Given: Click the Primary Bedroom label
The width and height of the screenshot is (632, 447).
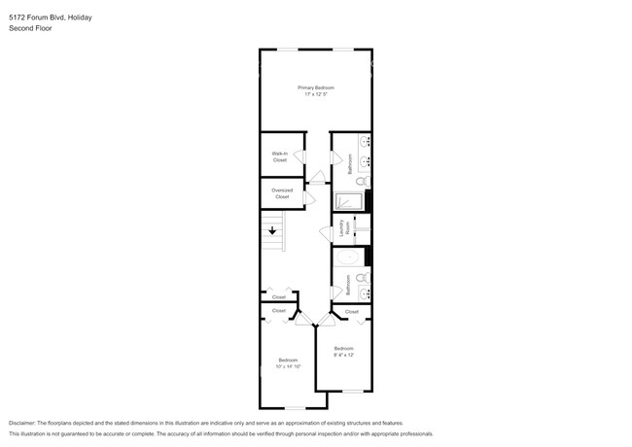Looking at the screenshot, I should tap(316, 87).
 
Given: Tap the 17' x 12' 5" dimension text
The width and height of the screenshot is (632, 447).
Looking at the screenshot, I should tap(316, 94).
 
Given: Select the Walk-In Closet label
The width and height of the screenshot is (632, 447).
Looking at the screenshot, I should tap(279, 156).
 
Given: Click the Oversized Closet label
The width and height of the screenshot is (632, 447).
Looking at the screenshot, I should tap(282, 193).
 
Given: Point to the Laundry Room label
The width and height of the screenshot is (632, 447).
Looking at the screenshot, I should tap(344, 229).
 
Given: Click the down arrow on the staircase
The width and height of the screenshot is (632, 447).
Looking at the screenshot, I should tap(273, 231).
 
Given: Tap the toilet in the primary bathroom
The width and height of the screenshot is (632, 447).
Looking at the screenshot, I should tap(361, 181).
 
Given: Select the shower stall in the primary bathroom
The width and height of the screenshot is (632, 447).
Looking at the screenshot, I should tap(348, 202).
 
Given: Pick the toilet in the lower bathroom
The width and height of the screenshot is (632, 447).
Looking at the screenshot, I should tap(362, 277).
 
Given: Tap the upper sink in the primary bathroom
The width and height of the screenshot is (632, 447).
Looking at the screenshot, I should tap(365, 143).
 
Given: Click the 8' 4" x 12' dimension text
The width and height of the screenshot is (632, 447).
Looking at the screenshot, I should tap(344, 354).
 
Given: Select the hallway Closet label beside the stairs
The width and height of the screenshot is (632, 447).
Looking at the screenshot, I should tap(279, 296).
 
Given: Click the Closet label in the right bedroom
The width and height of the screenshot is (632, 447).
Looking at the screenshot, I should tap(352, 311).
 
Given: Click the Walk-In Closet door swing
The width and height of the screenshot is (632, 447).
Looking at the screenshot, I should tap(300, 156).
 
